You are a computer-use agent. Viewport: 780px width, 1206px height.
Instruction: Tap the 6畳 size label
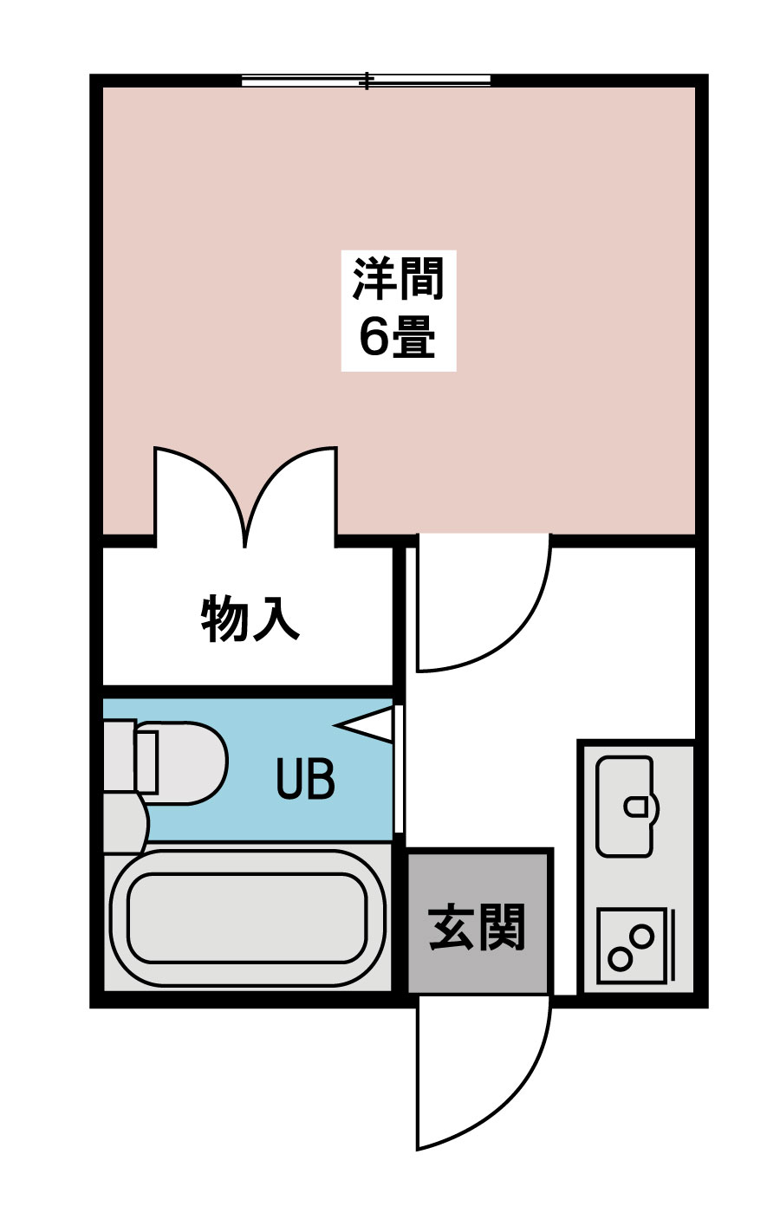(x=398, y=337)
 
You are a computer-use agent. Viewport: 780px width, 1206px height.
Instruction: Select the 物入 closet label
(x=250, y=618)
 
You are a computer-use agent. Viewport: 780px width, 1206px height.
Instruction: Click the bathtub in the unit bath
(x=246, y=918)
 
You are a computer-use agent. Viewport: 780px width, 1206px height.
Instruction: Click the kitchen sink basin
(x=624, y=806)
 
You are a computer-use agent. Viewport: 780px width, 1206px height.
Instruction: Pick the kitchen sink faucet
(x=636, y=807)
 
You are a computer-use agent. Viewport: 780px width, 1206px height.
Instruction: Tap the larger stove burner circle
(x=642, y=936)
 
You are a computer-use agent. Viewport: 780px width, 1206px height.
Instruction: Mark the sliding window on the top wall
(x=366, y=81)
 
